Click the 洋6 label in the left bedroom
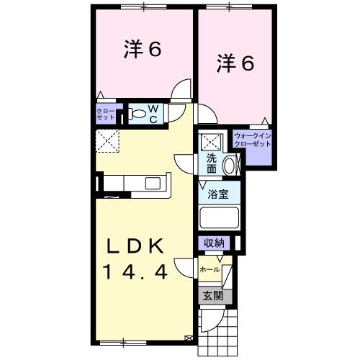tap(141, 50)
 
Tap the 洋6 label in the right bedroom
tap(235, 64)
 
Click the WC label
tap(153, 114)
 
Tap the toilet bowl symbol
tap(138, 113)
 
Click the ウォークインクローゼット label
tap(252, 140)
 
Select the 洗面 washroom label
tap(212, 164)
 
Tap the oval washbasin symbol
tap(230, 166)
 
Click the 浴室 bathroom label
tap(218, 194)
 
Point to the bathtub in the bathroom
tap(218, 218)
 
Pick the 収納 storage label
tap(212, 243)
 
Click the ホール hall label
tap(210, 269)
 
